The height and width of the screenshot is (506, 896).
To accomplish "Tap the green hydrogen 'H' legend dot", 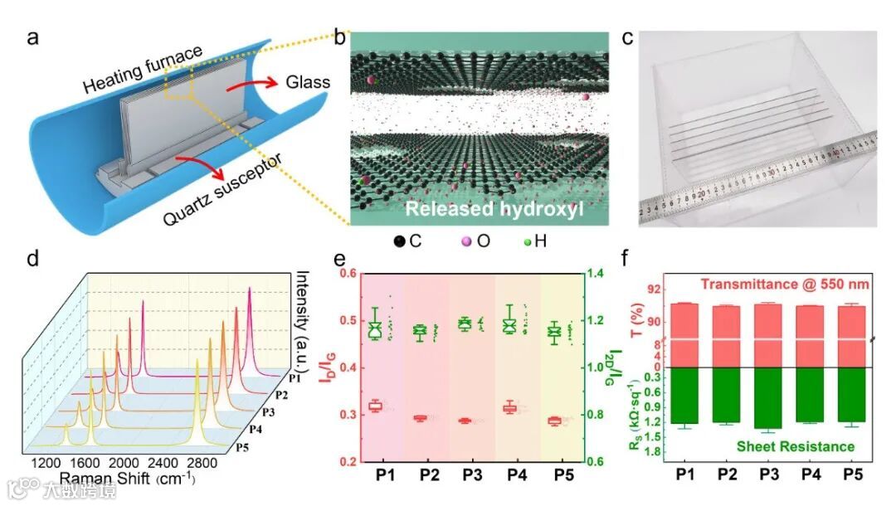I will [528, 242].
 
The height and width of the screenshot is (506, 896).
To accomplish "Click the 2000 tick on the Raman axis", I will [124, 462].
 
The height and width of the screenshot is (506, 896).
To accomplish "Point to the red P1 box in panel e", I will [376, 406].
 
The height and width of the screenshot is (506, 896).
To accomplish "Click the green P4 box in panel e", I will [510, 324].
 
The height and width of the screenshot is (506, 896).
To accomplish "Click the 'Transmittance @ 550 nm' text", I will [785, 285].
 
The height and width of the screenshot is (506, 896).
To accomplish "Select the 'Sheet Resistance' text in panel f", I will [795, 446].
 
